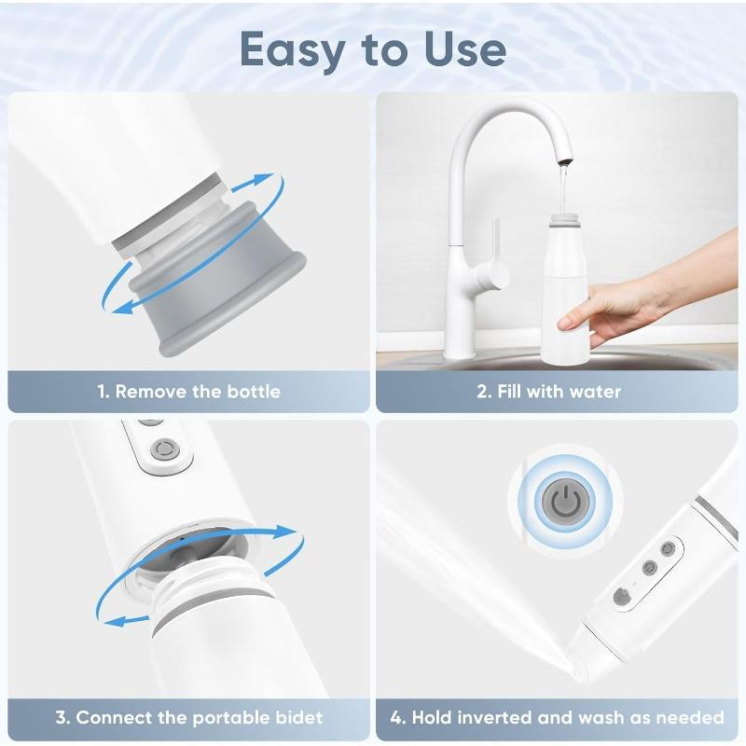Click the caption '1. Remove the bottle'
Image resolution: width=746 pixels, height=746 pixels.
[189, 392]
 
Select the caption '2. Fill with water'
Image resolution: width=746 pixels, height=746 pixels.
[548, 392]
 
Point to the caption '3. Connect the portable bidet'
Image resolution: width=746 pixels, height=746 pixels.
[189, 718]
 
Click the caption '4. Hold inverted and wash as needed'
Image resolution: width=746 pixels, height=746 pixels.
[557, 718]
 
